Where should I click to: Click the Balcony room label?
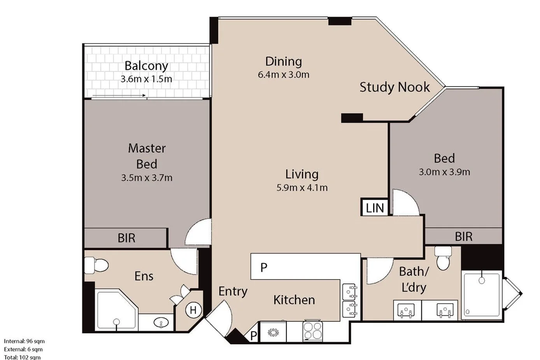click(146, 66)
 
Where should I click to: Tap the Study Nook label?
click(394, 87)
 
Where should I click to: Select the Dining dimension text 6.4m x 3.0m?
click(284, 75)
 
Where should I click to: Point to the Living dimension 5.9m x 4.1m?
click(302, 188)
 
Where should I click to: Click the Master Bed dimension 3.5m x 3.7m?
click(147, 178)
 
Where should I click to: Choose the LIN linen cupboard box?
click(374, 207)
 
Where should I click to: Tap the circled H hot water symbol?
click(193, 310)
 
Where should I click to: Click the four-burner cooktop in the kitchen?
click(313, 330)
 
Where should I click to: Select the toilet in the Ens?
click(96, 265)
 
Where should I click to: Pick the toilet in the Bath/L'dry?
click(443, 258)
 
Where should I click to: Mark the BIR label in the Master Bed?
click(126, 238)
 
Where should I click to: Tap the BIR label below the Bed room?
click(464, 237)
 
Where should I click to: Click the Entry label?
click(233, 292)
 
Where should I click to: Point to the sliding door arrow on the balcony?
click(119, 95)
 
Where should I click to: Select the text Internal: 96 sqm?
click(25, 341)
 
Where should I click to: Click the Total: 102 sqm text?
click(22, 357)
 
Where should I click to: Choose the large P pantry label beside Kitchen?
click(264, 267)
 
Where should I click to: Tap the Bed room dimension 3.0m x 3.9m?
click(445, 172)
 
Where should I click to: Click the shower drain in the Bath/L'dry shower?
click(482, 280)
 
